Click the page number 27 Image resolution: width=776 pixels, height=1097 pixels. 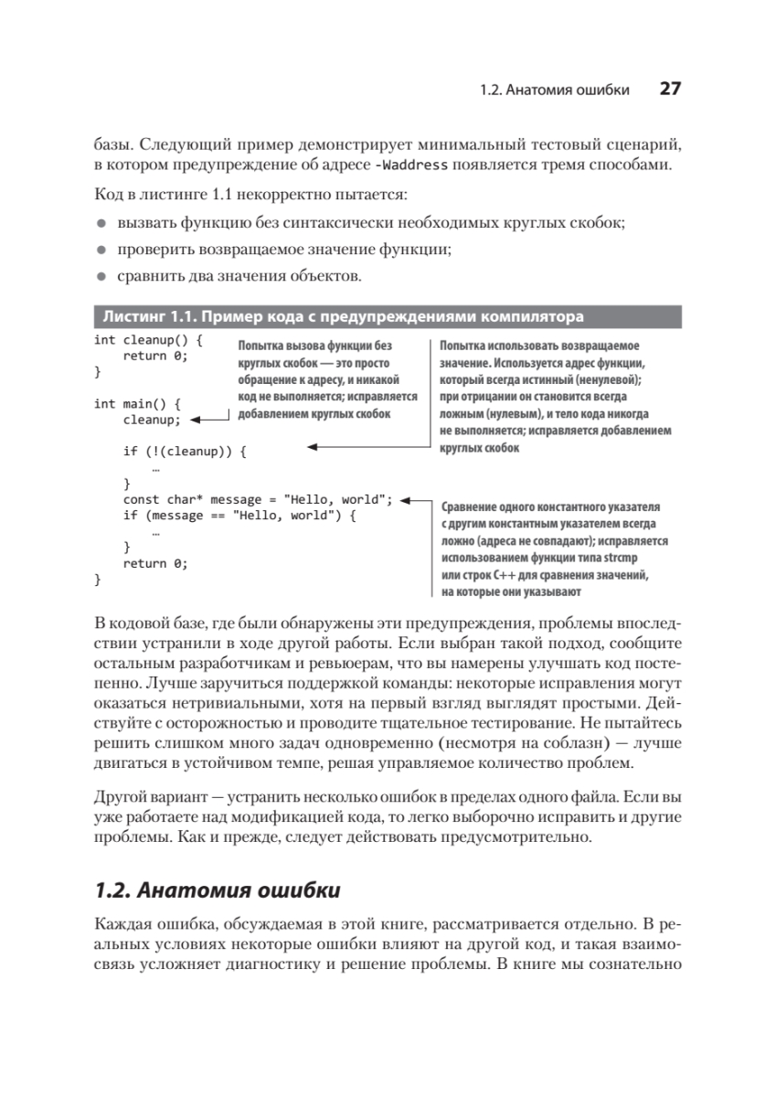[669, 89]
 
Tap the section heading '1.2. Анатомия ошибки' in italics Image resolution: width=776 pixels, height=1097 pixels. [218, 889]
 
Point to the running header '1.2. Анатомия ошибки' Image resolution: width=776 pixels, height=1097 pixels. [554, 90]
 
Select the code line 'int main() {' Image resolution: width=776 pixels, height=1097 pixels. [139, 403]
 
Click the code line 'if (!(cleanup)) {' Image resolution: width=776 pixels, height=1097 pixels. [185, 451]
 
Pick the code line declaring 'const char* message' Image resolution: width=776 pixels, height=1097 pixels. [257, 499]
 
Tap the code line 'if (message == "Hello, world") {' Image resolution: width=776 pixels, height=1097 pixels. [238, 516]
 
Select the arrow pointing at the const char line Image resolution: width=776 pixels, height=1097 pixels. [416, 499]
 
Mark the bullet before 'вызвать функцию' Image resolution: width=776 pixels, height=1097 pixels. [102, 223]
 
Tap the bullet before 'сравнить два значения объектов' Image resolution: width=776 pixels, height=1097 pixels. [102, 274]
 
